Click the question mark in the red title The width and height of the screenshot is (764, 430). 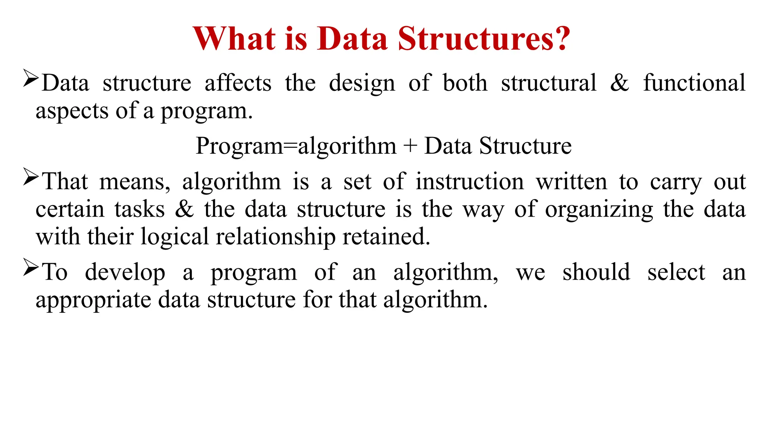pyautogui.click(x=560, y=38)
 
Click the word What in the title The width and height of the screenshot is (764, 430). pyautogui.click(x=235, y=38)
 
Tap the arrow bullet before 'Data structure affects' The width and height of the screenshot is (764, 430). pyautogui.click(x=31, y=78)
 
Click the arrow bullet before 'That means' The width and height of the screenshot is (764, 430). pyautogui.click(x=31, y=177)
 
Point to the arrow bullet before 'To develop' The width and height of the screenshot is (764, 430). pyautogui.click(x=31, y=267)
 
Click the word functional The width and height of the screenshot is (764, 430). pyautogui.click(x=694, y=83)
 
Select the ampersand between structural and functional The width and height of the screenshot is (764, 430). pyautogui.click(x=620, y=83)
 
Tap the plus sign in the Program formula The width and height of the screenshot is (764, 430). pyautogui.click(x=410, y=146)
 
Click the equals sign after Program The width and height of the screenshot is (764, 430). pyautogui.click(x=290, y=146)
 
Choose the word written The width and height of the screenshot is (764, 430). pyautogui.click(x=572, y=182)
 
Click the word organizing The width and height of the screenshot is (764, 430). pyautogui.click(x=599, y=210)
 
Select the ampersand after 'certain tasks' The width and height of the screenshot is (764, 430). pyautogui.click(x=184, y=209)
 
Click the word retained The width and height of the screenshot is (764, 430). pyautogui.click(x=386, y=237)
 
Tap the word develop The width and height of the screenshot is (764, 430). pyautogui.click(x=125, y=272)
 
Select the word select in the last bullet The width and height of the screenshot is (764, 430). pyautogui.click(x=676, y=272)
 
